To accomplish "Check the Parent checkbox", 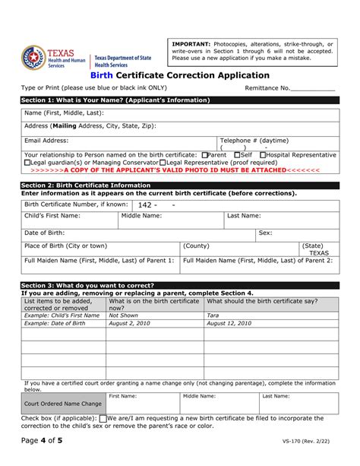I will pos(205,154).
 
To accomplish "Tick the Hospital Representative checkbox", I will pos(263,154).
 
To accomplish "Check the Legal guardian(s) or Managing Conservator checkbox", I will pos(27,162).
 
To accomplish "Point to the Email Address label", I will pos(46,140).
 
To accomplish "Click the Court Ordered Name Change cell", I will pos(63,403).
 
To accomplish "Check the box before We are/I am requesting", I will pos(103,419).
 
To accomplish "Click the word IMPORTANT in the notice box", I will pos(191,43).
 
